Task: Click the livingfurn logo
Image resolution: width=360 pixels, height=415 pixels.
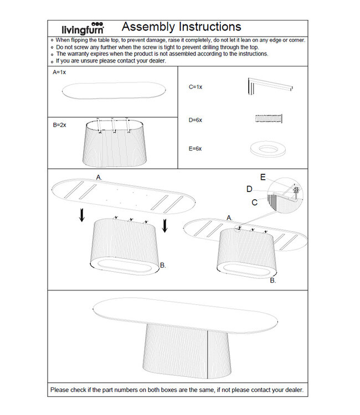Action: point(82,28)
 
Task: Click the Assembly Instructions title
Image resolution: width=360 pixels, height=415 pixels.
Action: point(181,27)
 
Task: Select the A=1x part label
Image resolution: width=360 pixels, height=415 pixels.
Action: point(59,72)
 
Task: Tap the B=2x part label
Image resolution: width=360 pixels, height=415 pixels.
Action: point(59,125)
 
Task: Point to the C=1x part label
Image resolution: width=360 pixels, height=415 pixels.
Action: point(195,87)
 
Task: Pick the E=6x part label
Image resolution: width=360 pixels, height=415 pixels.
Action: point(195,149)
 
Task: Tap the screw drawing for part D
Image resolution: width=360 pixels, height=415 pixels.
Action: point(269,118)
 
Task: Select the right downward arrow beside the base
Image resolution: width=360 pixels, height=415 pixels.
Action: point(164,226)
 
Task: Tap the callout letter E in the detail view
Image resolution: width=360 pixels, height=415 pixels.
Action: point(263,177)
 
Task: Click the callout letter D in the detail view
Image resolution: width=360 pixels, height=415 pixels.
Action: point(250,189)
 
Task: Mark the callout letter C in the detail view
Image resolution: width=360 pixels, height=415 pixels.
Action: point(254,203)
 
